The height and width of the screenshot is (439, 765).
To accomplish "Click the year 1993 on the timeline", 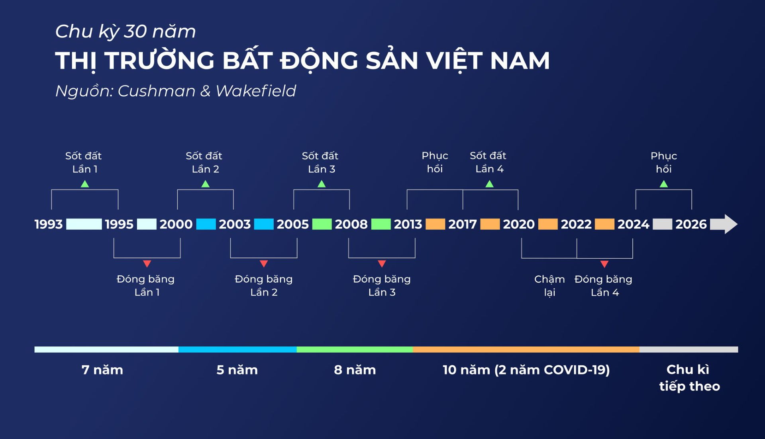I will [49, 224].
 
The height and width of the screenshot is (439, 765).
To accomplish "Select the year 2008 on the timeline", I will [351, 224].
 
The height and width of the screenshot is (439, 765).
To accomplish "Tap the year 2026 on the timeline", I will [691, 224].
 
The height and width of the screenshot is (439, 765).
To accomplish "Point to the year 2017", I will [462, 224].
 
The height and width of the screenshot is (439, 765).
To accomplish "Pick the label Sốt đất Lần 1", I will [84, 162].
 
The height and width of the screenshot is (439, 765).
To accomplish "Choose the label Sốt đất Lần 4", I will [488, 162].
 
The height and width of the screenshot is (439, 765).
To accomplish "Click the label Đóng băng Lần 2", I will [264, 285].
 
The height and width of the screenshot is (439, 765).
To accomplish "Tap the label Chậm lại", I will [549, 285].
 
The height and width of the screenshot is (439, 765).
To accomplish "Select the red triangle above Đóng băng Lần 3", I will [382, 263].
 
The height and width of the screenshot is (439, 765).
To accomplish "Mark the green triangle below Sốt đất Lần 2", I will [205, 184].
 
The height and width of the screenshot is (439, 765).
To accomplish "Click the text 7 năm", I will [102, 370].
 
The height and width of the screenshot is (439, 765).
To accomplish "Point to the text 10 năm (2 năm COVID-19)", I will [526, 370].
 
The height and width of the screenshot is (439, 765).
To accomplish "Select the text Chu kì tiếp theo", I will [689, 378].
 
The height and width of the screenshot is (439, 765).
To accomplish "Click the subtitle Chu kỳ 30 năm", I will [126, 31].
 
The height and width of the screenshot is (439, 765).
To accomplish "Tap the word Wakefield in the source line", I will [256, 91].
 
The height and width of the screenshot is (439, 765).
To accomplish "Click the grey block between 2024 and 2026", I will [662, 224].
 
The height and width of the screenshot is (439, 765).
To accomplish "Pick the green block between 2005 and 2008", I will [322, 224].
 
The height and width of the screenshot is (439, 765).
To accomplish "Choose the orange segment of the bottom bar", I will [526, 349].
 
